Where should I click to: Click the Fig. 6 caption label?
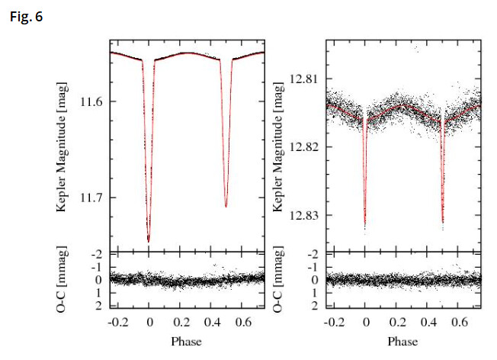[x=27, y=14]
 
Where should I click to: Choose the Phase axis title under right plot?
[x=403, y=341]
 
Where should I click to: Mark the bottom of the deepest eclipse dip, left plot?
[x=148, y=241]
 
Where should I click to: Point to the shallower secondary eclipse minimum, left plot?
[x=226, y=207]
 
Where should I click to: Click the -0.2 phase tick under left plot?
[x=116, y=322]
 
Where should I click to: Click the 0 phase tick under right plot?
[x=366, y=322]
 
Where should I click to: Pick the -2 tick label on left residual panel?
[x=96, y=255]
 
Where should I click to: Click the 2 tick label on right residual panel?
[x=315, y=306]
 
